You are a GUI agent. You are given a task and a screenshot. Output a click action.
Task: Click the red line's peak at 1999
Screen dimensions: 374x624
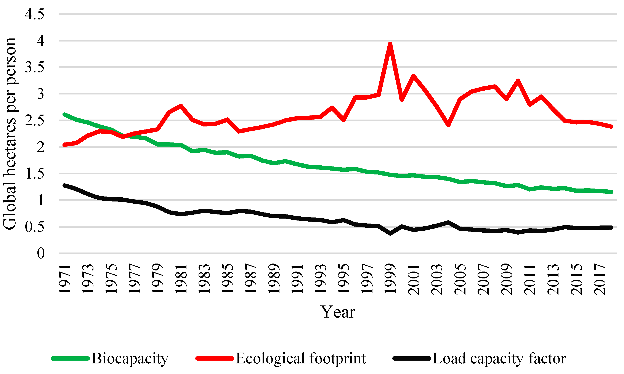[x=390, y=44]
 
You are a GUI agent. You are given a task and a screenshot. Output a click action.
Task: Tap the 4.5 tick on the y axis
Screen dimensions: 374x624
[x=35, y=14]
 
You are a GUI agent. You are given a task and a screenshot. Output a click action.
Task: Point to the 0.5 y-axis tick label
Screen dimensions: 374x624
[x=35, y=227]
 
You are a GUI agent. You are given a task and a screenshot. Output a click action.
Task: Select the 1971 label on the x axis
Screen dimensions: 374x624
[x=65, y=279]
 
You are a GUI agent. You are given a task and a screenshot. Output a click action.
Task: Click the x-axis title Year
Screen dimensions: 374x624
[x=338, y=312]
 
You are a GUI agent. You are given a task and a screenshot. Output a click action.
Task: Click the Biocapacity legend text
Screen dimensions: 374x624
[x=130, y=358]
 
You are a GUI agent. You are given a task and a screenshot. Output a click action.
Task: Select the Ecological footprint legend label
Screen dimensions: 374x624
[x=300, y=358]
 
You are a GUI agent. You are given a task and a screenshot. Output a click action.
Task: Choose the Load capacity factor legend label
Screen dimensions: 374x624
[x=499, y=358]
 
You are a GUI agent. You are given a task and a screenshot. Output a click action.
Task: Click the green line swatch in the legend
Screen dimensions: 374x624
[x=71, y=358]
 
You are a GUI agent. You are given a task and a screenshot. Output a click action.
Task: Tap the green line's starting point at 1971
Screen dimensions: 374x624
[x=64, y=115]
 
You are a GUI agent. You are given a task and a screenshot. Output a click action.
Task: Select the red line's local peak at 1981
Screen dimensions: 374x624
[x=181, y=106]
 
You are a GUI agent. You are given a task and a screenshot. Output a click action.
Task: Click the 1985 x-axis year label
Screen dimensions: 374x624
[x=227, y=279]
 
